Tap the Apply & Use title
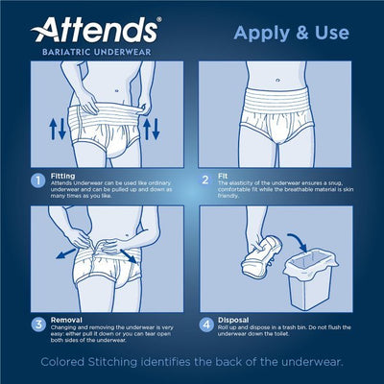(x=287, y=36)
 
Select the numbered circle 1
(x=35, y=179)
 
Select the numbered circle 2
(x=205, y=179)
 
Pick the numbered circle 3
(x=35, y=325)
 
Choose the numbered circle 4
(x=205, y=325)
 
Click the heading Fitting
(x=60, y=176)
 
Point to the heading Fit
(x=225, y=176)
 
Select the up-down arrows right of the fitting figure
(x=152, y=129)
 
